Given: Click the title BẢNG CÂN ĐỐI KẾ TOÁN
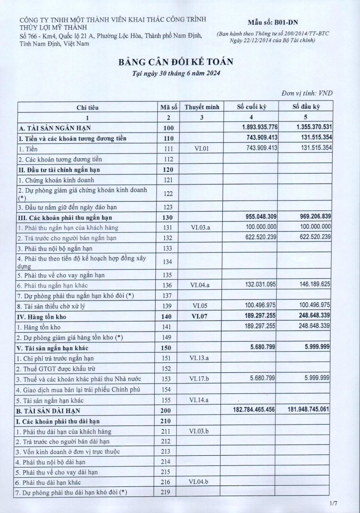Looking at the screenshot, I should pos(176,62).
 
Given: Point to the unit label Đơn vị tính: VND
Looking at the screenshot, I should pos(307,93).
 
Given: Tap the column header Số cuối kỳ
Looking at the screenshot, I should pos(252,107).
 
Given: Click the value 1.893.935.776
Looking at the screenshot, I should pos(260,127).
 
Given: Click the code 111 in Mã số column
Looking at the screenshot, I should pos(168,148).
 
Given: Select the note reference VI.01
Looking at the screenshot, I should pos(201,148).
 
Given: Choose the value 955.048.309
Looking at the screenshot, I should pos(260,217).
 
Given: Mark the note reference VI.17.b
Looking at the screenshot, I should pos(202,379).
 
